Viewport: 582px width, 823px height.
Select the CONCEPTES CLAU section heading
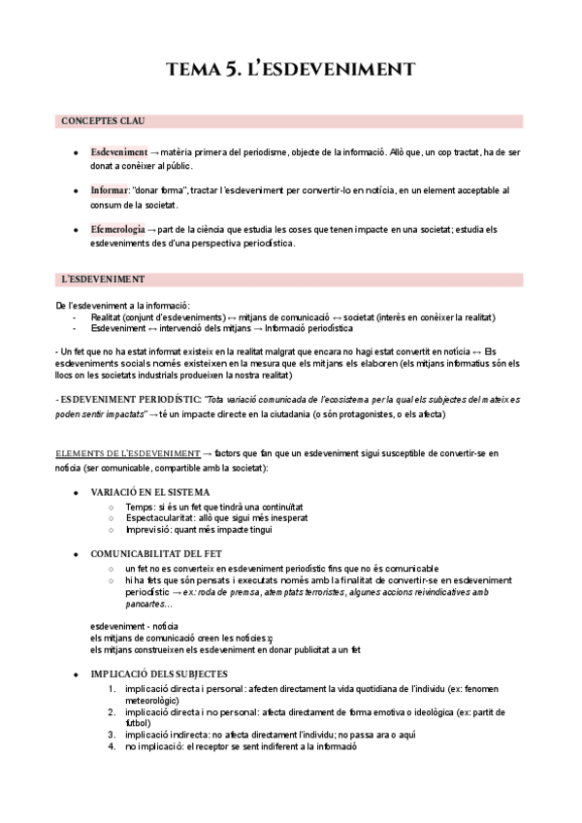click(103, 121)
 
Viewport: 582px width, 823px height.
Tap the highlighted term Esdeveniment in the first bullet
click(118, 152)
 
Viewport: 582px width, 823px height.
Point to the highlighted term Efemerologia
click(117, 228)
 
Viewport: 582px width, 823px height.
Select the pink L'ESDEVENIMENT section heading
click(103, 280)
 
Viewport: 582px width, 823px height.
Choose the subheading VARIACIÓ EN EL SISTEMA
click(149, 492)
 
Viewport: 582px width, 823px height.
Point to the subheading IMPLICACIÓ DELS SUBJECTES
click(159, 673)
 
